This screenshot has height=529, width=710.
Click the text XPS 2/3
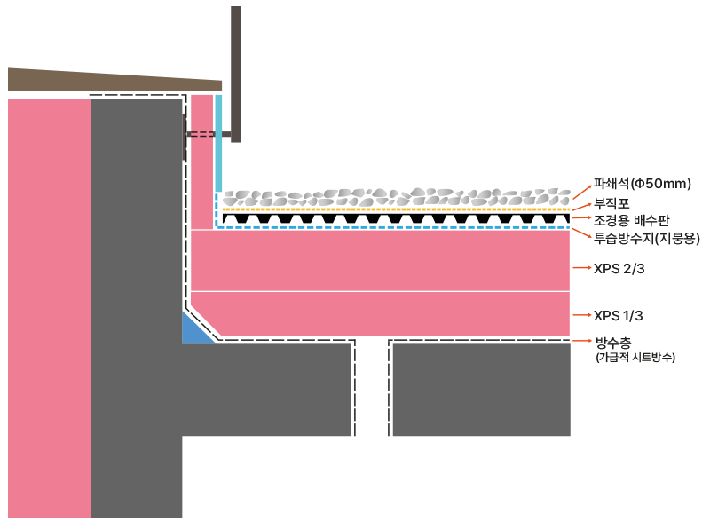[619, 267]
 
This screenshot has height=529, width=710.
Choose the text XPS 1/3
[619, 315]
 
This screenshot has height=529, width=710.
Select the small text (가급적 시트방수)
[635, 358]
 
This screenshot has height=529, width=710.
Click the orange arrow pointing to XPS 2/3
[581, 267]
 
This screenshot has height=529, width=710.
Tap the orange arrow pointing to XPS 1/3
[581, 315]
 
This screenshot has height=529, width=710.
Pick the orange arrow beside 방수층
[581, 341]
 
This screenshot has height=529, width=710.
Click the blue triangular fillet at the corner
[193, 331]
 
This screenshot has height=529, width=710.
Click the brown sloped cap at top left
[89, 81]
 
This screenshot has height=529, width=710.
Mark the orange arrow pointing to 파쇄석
[580, 189]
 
